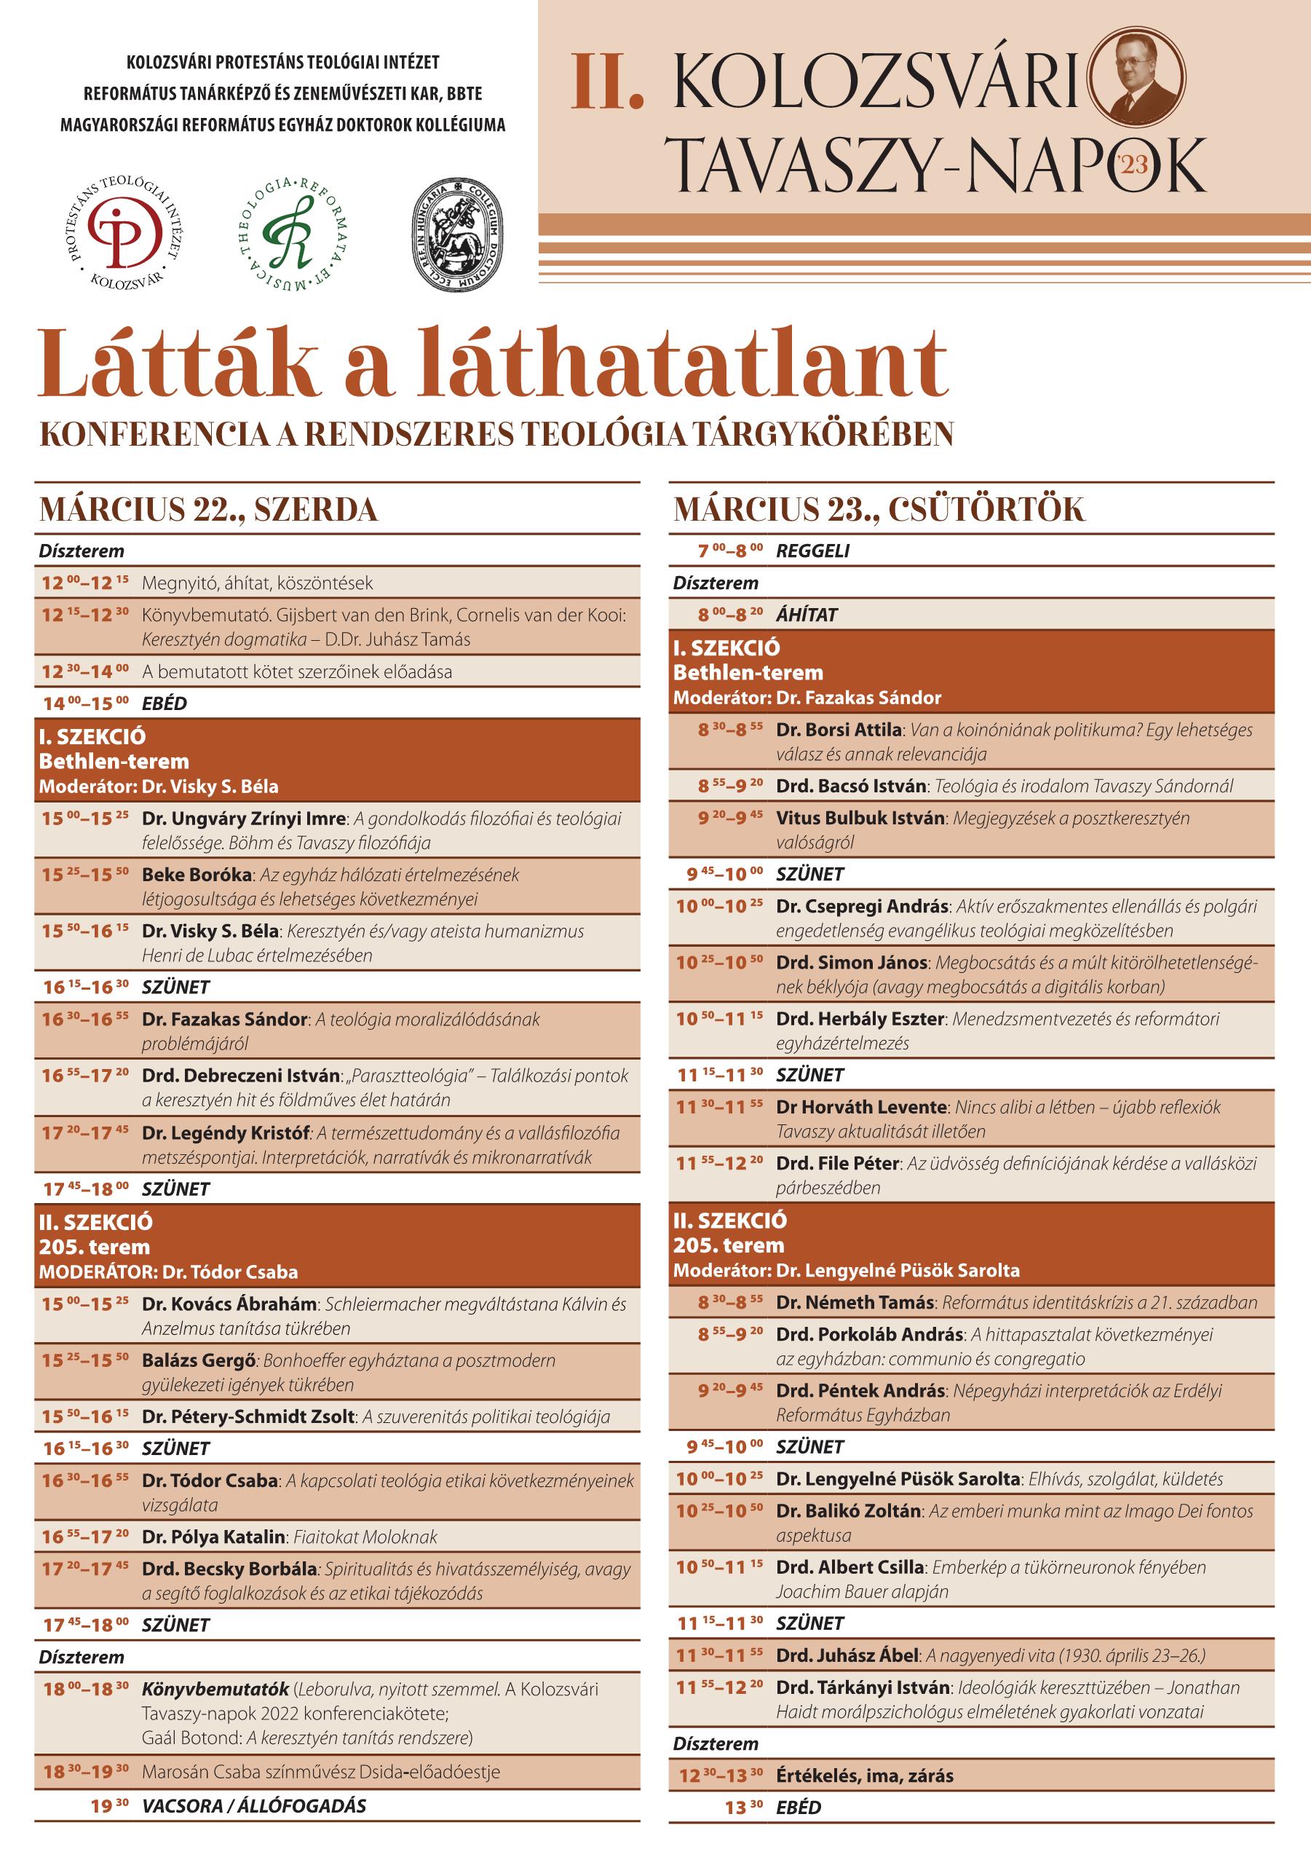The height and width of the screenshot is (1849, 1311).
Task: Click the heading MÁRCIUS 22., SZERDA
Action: click(x=208, y=510)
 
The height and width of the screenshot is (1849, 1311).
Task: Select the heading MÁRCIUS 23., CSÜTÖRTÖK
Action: click(x=879, y=510)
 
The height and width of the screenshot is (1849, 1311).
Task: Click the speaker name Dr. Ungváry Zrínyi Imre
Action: click(x=243, y=819)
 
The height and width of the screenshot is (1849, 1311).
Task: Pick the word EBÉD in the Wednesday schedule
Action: click(x=164, y=703)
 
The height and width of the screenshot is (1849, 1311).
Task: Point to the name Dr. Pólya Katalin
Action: click(x=213, y=1537)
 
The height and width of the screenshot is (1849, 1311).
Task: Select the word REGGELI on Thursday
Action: click(x=812, y=551)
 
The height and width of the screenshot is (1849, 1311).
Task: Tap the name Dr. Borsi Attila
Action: click(x=838, y=730)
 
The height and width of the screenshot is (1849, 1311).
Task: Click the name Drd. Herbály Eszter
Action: click(x=859, y=1019)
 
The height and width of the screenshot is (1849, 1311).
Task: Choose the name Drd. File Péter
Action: click(x=837, y=1164)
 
